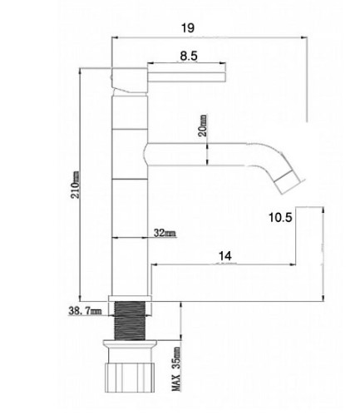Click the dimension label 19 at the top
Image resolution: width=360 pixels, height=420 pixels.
188,28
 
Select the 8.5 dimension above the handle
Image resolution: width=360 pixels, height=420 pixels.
189,57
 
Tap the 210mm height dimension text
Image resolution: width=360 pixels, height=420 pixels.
76,185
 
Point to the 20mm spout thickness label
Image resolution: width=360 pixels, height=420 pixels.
203,126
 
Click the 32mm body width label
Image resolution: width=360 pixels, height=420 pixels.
165,233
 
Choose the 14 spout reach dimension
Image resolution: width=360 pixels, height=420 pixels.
224,256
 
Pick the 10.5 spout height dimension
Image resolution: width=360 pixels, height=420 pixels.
280,217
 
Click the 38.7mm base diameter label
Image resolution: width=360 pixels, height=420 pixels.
85,311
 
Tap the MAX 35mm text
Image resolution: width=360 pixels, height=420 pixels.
176,368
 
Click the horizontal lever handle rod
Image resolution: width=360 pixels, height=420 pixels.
186,77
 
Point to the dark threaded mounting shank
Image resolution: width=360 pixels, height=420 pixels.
130,320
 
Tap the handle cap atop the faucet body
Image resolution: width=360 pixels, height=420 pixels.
129,81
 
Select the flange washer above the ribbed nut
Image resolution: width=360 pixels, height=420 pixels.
130,343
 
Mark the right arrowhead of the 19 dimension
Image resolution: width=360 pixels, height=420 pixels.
304,37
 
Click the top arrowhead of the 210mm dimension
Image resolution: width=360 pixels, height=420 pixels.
80,71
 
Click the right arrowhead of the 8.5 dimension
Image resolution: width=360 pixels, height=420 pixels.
223,63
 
